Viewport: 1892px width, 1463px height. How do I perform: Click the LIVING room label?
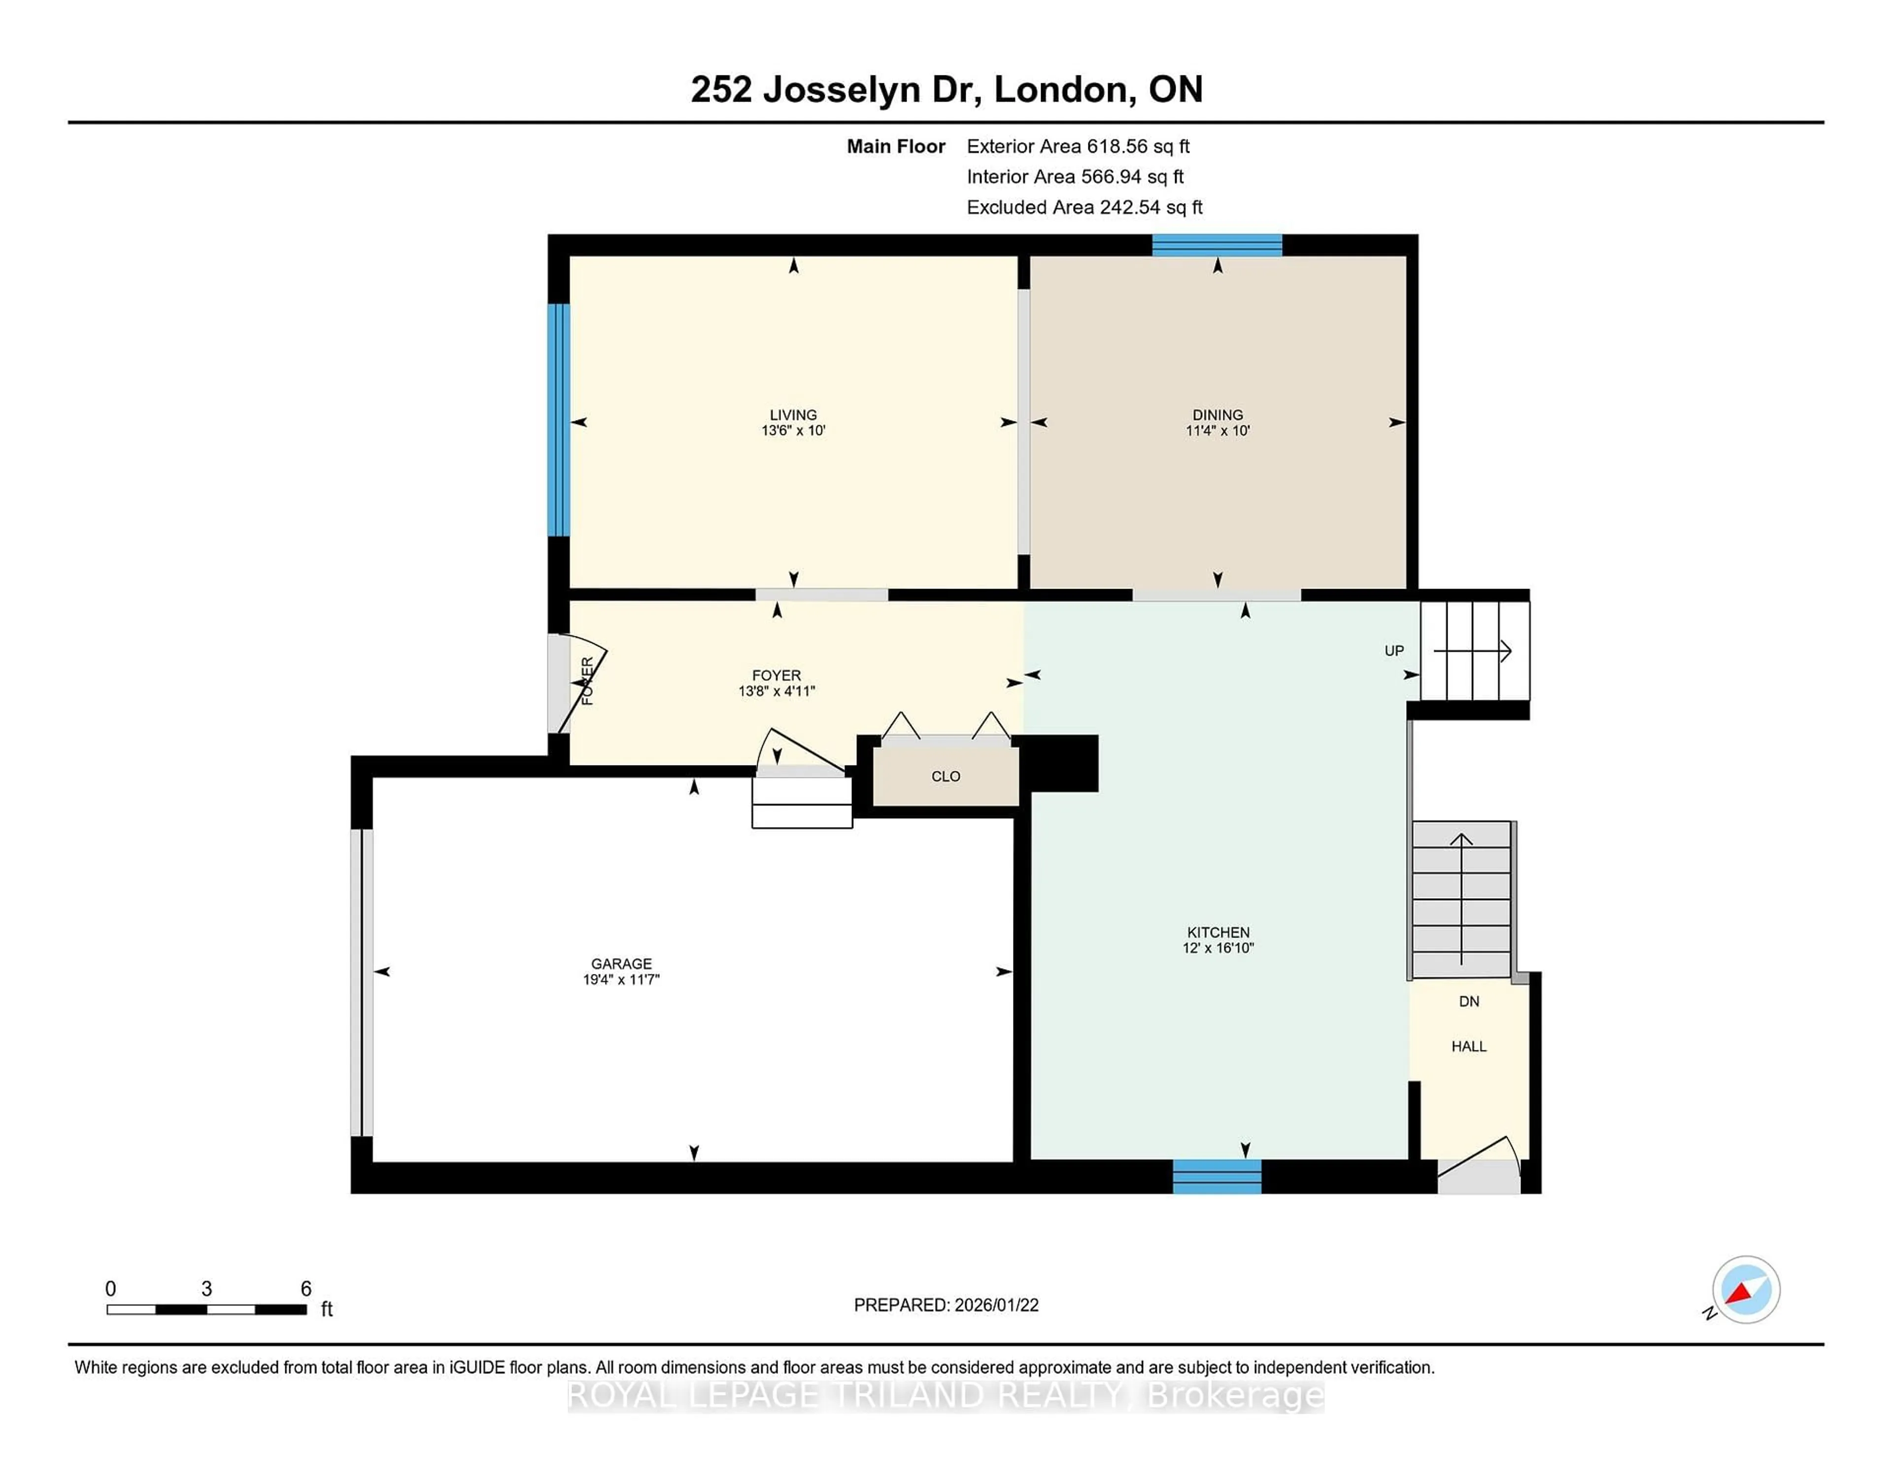[793, 414]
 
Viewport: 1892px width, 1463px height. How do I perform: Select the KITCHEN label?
[1218, 932]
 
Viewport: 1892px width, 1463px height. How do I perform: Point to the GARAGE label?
[621, 963]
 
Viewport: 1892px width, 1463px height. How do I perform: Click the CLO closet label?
[945, 776]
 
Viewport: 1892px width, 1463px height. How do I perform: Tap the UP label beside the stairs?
[1394, 651]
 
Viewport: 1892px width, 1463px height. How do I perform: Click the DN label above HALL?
[1469, 1001]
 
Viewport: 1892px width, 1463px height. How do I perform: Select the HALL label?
[1469, 1046]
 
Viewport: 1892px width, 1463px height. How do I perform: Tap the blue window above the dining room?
[1216, 245]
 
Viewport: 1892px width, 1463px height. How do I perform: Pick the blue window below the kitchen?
[1216, 1176]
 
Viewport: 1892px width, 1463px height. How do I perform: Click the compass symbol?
[1746, 1289]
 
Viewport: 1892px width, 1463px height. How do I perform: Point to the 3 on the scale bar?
[206, 1289]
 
